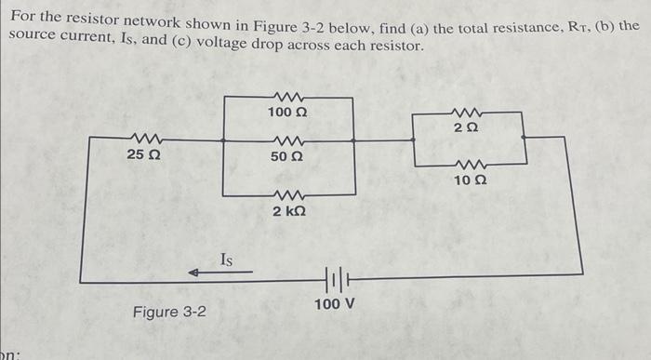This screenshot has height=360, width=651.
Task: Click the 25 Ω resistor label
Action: (143, 155)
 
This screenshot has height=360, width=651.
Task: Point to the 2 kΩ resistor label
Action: (289, 211)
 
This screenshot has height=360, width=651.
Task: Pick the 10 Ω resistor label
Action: (471, 177)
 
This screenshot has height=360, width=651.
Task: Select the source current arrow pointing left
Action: (219, 273)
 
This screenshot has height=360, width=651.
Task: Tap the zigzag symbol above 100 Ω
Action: (287, 96)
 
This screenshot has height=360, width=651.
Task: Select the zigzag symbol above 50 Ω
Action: (287, 141)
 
